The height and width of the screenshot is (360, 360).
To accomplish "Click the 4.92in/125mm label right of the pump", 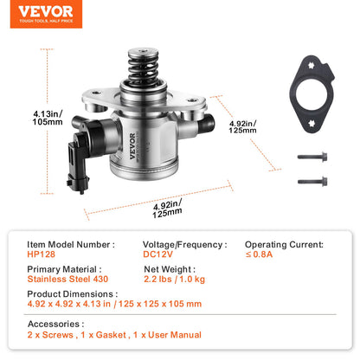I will coord(243,130).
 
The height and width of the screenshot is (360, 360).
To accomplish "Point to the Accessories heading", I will coord(55,325).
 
